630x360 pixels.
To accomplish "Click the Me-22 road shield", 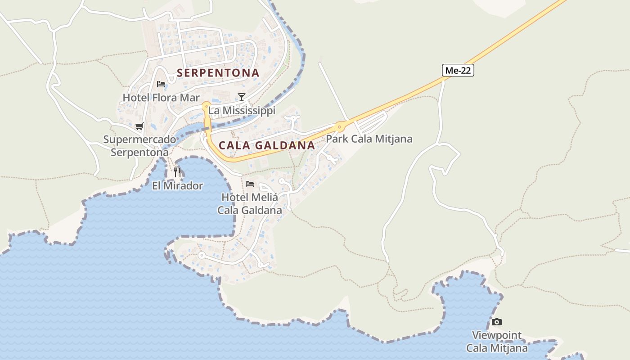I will coord(458,70).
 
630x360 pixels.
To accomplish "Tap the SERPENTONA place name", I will coord(218,72).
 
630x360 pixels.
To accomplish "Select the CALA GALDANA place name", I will coord(267,145).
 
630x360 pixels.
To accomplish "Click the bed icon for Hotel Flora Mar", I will coord(161,84).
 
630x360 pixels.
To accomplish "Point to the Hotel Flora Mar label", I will coord(161,97).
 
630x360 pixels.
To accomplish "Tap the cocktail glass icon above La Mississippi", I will coord(242,97).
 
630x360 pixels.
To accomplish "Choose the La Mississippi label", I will coord(242,110).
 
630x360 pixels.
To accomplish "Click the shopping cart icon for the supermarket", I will coord(139,126).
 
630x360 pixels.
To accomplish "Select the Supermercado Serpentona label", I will coord(139,146).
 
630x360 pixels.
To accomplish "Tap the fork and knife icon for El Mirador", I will coord(177,172).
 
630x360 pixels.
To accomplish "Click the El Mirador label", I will coord(177,185).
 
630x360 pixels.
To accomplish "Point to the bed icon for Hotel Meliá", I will coord(250,184).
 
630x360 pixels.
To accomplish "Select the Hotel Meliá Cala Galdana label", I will coord(250,203).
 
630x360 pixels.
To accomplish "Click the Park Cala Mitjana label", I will coord(369,139).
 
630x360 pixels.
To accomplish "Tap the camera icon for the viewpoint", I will coord(496,322).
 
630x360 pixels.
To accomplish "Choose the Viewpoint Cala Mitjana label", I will coord(497,342).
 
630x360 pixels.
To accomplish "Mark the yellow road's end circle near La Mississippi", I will coord(206,107).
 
